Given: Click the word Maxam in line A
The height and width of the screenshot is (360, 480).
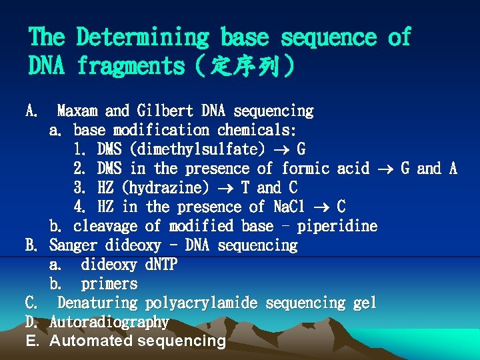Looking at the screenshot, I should coord(77,111).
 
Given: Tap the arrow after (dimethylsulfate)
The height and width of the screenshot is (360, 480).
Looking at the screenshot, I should coord(283,149).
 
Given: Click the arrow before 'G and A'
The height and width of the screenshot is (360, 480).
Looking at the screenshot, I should coord(385,169).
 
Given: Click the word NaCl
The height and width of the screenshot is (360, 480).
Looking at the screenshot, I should coord(290,207).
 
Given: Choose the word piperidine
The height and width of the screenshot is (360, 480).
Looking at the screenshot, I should coord(337,226).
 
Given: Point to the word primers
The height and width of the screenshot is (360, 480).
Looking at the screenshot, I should coord(109,284).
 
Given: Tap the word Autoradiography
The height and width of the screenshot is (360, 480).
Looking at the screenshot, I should coord(109,323).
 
